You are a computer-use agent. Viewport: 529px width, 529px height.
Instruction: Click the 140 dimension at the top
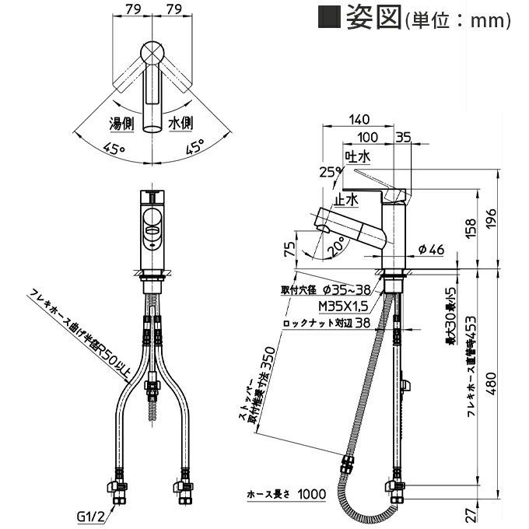(359, 120)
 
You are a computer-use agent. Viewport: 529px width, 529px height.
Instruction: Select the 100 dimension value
(369, 137)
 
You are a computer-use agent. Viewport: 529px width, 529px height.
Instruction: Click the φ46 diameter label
(430, 250)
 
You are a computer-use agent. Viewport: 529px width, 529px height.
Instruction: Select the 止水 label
(345, 200)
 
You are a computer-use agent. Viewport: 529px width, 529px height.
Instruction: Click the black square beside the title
(329, 17)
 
